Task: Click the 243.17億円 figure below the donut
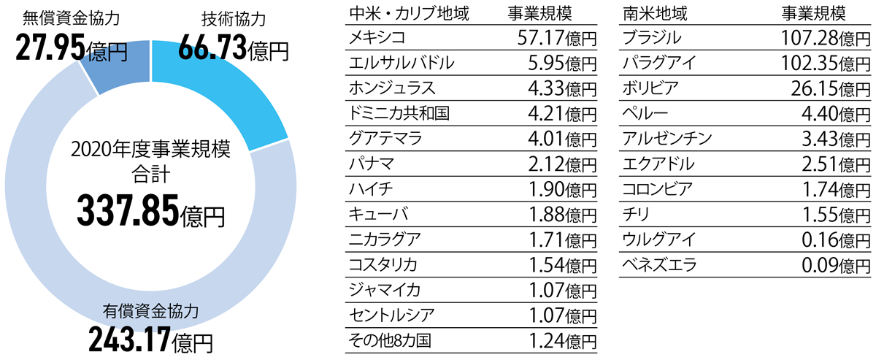pyautogui.click(x=150, y=338)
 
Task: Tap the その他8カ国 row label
pyautogui.click(x=389, y=340)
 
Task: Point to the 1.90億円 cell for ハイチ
pyautogui.click(x=558, y=189)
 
